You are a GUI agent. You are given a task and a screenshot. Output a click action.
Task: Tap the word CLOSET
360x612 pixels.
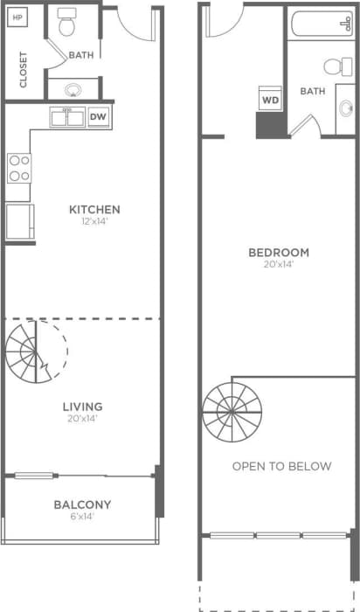24,69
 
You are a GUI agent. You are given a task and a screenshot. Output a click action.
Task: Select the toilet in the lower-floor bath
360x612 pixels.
67,25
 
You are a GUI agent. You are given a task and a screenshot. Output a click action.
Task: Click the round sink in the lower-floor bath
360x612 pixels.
72,88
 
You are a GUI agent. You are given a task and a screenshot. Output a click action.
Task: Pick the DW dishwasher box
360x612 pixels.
98,117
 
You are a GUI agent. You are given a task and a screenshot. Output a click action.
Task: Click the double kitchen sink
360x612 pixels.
66,117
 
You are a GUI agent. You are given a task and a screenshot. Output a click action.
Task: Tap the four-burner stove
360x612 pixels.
18,168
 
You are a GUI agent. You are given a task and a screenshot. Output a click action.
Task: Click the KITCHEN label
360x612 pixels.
94,210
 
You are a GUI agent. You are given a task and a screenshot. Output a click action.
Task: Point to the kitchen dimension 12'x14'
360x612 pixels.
94,222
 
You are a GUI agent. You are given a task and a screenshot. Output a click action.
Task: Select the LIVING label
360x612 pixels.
82,407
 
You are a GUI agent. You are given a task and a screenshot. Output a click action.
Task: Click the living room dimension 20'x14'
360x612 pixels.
82,419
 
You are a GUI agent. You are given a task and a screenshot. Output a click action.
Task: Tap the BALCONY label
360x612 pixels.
82,504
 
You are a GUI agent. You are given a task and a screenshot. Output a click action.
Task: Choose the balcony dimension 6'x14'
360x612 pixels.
82,517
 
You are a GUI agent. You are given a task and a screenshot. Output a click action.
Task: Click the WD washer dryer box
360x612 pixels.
269,99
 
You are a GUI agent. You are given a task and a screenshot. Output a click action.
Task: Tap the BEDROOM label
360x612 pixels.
279,253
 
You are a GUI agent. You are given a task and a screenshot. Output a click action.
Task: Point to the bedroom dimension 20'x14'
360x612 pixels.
279,265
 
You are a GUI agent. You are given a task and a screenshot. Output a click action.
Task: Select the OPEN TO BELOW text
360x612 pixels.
281,466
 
